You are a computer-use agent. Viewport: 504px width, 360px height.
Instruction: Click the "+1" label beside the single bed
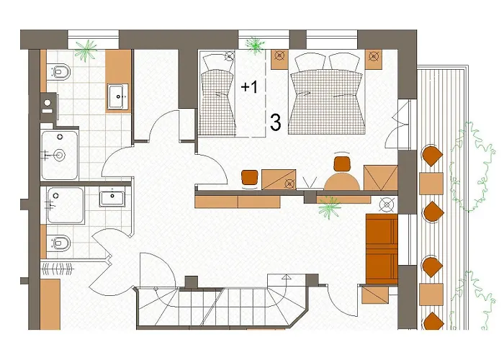249,87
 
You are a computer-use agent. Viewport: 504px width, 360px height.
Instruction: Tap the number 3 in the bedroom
275,122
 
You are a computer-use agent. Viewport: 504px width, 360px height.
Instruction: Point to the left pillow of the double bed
310,63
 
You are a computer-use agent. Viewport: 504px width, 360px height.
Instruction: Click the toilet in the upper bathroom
59,71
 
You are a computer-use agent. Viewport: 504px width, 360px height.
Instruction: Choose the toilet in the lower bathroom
59,243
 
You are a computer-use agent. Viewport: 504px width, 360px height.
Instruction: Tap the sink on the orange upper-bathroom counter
117,96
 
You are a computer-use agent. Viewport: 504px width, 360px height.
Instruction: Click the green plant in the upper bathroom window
86,50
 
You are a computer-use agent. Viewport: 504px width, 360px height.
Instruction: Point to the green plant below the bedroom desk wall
329,207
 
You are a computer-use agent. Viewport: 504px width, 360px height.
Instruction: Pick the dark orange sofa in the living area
382,249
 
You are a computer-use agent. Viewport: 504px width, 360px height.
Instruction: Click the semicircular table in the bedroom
341,181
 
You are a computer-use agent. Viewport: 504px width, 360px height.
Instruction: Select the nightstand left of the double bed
279,60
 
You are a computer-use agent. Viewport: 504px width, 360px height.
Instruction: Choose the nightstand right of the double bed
374,60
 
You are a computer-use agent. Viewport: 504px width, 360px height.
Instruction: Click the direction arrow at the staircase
286,276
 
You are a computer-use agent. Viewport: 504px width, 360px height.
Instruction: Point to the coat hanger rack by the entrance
58,269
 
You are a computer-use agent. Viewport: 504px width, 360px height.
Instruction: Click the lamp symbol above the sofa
387,204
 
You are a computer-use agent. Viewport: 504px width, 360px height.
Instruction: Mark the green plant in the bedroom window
255,45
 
